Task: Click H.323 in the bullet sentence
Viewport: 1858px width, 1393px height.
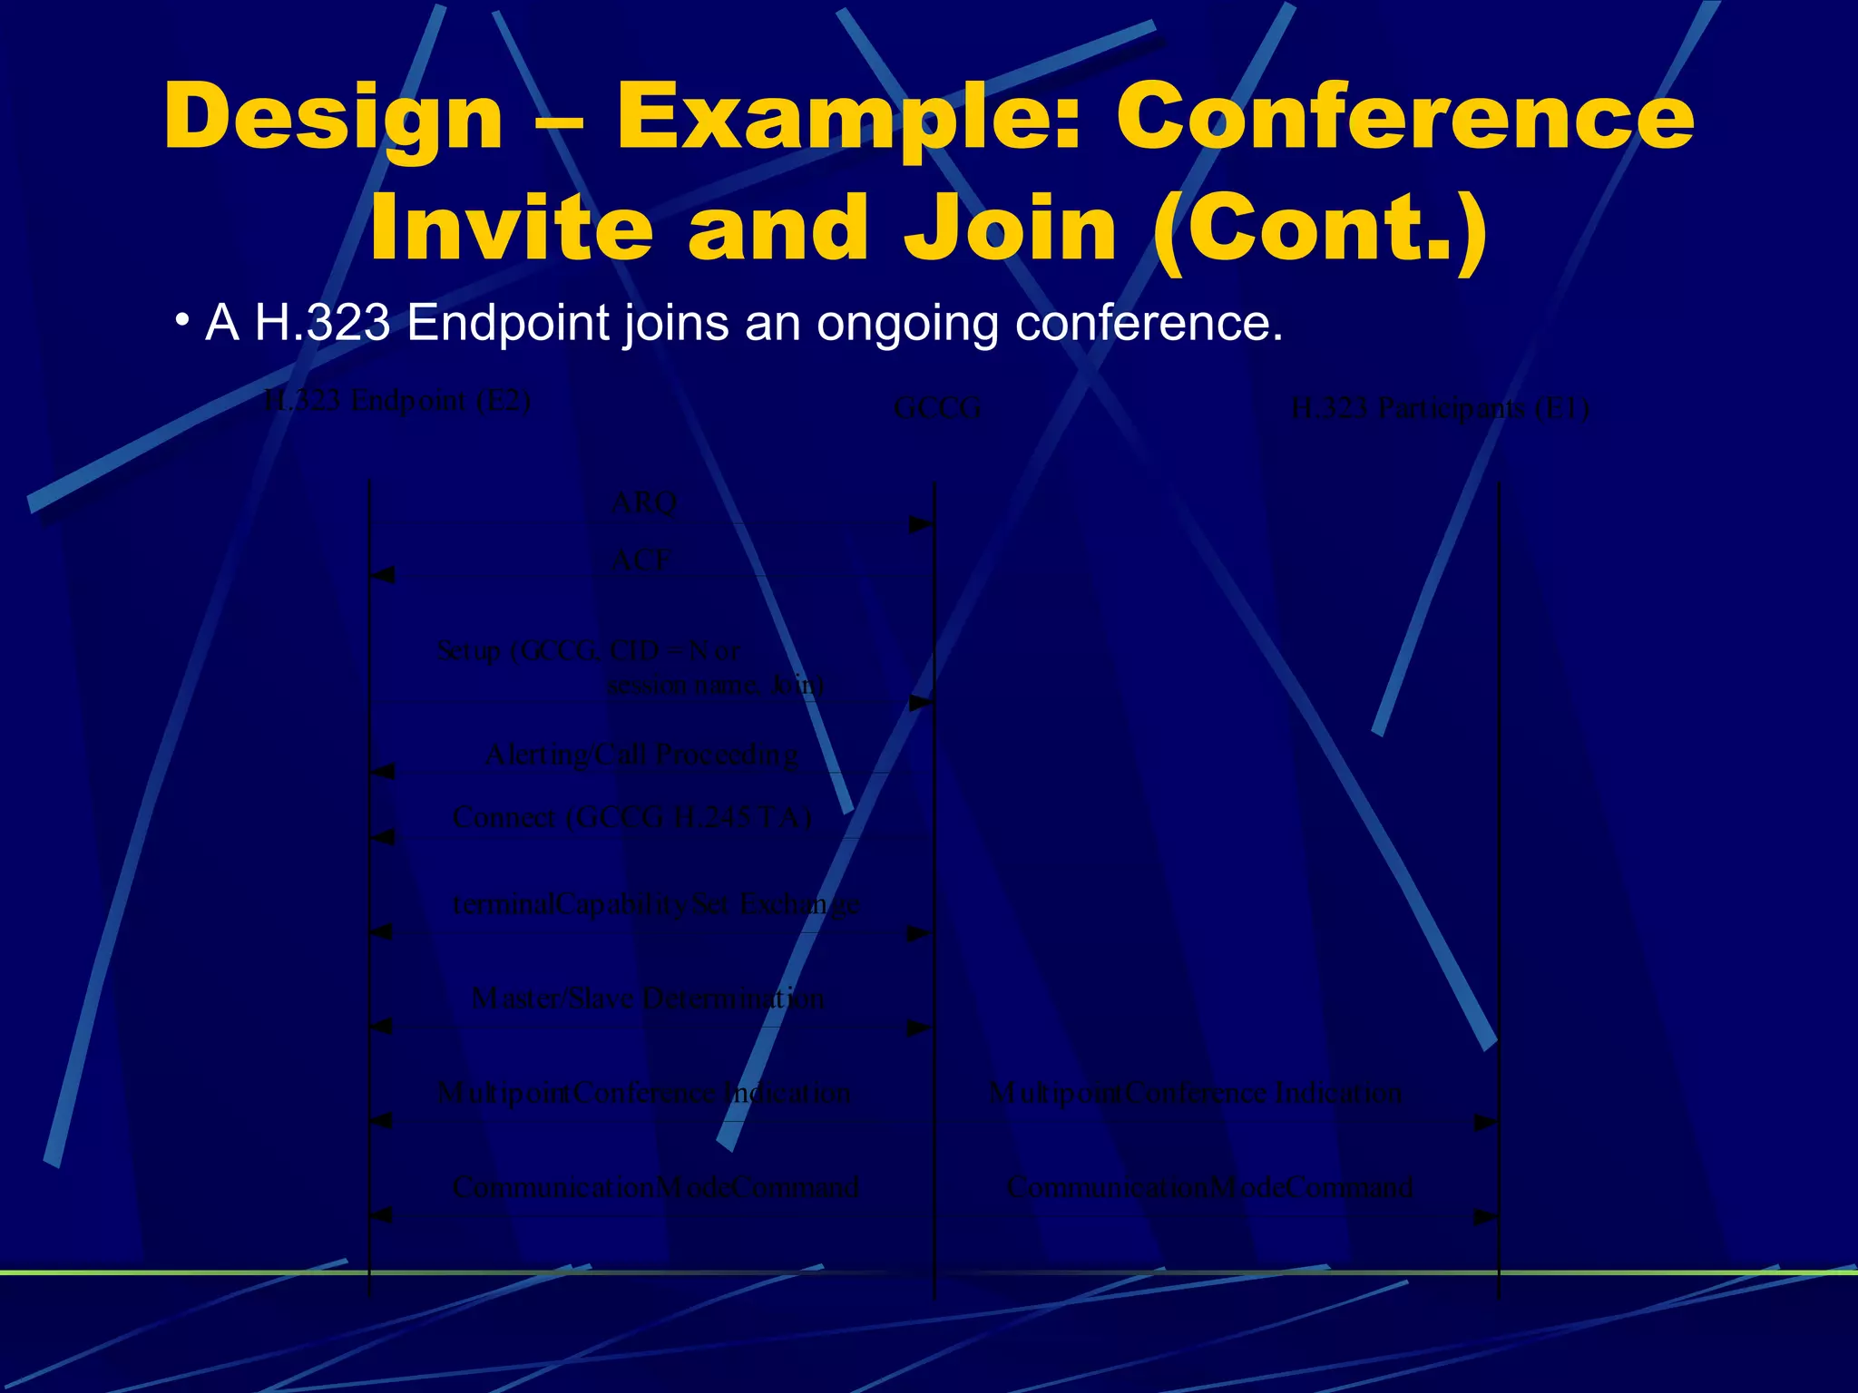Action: tap(322, 323)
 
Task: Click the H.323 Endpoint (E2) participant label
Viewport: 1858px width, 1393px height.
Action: tap(396, 401)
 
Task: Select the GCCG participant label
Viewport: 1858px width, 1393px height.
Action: tap(937, 409)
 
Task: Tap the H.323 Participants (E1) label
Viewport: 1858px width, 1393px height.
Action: tap(1440, 409)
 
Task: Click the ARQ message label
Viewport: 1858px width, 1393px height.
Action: tap(644, 502)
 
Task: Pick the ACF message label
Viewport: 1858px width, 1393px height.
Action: tap(641, 560)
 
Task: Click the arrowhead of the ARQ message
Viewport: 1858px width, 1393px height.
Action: tap(922, 525)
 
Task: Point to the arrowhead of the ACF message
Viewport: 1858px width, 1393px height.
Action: tap(383, 575)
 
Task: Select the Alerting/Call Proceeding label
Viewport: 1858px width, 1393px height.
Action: tap(641, 755)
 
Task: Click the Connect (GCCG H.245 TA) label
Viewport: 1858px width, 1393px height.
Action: tap(631, 817)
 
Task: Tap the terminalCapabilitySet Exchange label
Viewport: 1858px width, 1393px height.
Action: tap(655, 904)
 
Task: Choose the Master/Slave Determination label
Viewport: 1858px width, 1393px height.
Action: tap(648, 998)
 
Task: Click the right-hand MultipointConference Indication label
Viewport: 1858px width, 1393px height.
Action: tap(1195, 1093)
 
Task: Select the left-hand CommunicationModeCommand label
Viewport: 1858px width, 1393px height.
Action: tap(655, 1187)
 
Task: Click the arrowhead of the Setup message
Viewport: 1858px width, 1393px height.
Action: tap(922, 703)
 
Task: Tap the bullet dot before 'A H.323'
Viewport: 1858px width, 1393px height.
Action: tap(182, 321)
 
